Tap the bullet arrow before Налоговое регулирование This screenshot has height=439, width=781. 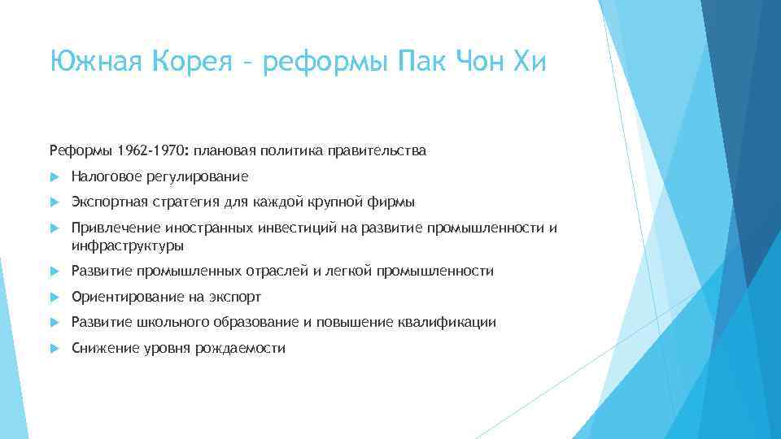point(54,176)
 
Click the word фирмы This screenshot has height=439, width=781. point(395,202)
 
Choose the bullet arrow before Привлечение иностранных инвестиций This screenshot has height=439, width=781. point(54,228)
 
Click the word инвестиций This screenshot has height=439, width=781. point(283,228)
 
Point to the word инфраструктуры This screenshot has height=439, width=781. point(128,246)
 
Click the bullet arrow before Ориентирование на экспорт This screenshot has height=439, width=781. point(54,297)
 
